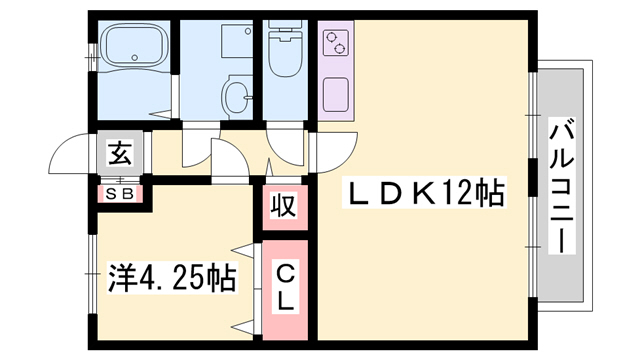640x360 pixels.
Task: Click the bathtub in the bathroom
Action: (133, 47)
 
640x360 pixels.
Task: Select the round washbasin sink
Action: (237, 96)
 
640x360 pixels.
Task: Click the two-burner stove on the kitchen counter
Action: (335, 43)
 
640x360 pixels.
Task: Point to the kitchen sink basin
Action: (336, 95)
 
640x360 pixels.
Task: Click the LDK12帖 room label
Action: (424, 193)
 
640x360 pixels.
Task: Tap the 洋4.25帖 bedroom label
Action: (171, 278)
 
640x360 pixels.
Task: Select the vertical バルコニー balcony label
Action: (561, 186)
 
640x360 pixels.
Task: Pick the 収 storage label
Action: (284, 205)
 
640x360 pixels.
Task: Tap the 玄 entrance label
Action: (120, 153)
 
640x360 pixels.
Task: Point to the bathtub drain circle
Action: (134, 56)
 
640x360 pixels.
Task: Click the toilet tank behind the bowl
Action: (285, 29)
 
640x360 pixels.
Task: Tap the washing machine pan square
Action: (237, 41)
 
